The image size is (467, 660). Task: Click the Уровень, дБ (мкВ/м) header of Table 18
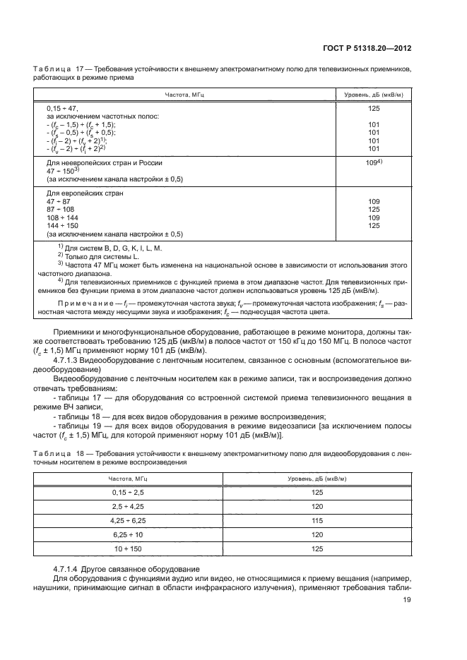(317, 479)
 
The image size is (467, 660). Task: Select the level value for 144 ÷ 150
(374, 225)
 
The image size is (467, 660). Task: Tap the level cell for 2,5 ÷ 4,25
(317, 507)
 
